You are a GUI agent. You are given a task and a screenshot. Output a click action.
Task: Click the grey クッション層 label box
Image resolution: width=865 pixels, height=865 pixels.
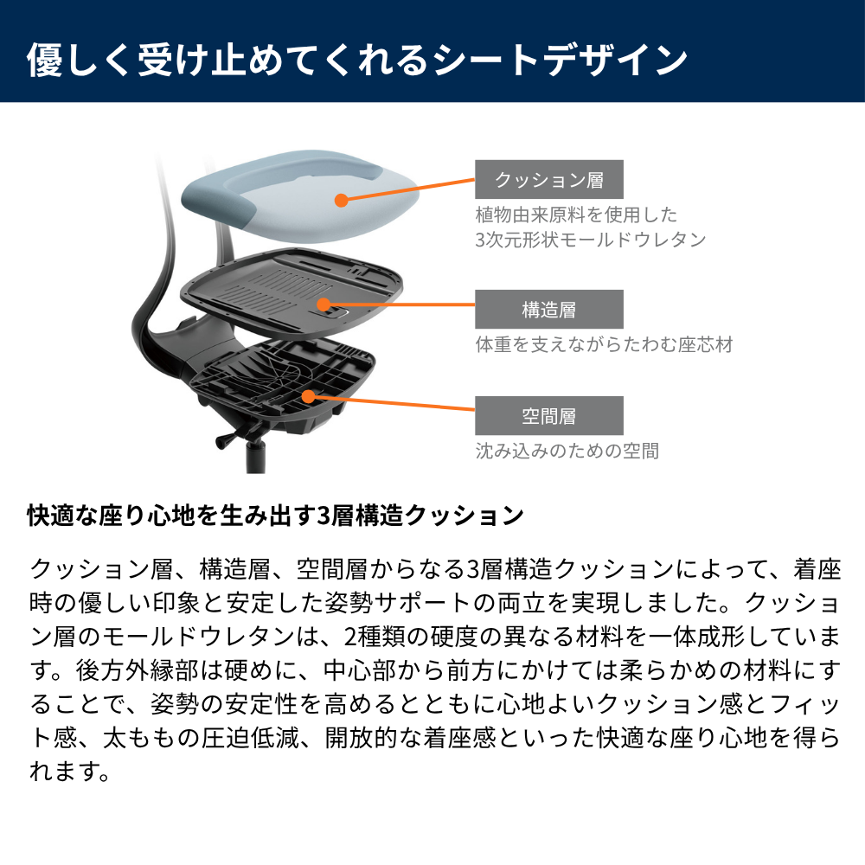(x=549, y=179)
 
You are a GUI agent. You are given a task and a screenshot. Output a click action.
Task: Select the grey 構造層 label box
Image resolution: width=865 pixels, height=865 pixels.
(x=549, y=309)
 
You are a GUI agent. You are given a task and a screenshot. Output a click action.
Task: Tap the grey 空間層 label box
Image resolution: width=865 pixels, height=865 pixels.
(x=549, y=415)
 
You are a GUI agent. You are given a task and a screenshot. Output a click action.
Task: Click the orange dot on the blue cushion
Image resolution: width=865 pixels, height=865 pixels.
(x=342, y=201)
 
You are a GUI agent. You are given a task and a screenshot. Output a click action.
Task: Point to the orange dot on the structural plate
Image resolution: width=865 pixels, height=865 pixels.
(x=324, y=304)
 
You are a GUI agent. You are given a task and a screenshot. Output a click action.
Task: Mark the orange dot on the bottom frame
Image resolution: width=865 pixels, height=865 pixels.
(x=309, y=397)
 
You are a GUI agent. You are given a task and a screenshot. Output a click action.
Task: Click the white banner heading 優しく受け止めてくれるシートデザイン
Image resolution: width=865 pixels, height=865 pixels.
(x=357, y=60)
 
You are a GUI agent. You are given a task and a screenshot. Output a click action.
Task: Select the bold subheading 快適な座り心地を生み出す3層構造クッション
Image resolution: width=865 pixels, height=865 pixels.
(x=276, y=516)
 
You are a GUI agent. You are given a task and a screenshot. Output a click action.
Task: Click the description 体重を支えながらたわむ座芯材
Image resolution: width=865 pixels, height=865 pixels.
(x=604, y=345)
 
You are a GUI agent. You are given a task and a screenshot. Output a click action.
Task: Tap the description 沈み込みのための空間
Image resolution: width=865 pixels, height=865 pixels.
(x=567, y=451)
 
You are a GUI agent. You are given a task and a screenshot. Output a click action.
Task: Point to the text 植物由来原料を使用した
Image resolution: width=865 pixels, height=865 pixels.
(x=576, y=215)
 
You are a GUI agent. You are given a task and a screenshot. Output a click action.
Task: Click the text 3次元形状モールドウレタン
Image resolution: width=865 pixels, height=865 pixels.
(x=591, y=240)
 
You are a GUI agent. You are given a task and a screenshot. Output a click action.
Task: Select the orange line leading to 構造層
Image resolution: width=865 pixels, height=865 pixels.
(x=400, y=304)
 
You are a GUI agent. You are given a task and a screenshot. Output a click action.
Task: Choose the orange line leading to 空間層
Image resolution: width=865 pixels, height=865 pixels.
(x=392, y=403)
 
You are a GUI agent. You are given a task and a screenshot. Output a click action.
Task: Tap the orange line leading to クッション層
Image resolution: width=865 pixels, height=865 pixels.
(x=408, y=189)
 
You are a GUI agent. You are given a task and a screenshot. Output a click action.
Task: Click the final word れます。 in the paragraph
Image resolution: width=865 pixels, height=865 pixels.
(x=69, y=772)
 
